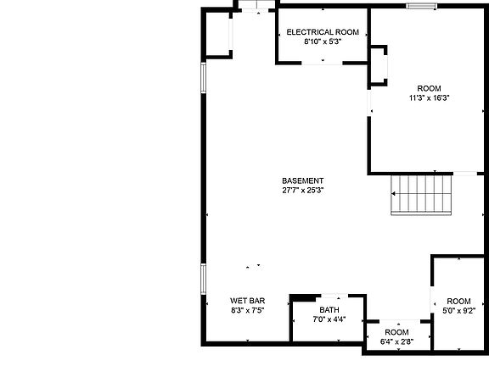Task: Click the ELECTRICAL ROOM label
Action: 323,32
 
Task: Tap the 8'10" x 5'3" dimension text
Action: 323,42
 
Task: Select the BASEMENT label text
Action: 303,180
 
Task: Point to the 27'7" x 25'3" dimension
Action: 303,191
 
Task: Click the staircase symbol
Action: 422,195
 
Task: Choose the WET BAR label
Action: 247,301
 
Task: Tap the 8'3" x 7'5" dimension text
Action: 247,311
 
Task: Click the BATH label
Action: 329,310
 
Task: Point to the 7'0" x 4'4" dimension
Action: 329,320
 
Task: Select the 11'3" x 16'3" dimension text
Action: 429,97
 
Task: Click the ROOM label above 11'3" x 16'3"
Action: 429,88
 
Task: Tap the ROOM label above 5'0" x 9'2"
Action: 458,302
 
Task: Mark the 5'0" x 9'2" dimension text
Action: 458,312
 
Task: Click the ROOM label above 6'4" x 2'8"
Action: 396,332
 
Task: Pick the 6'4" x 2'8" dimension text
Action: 396,342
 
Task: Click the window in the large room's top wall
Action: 417,8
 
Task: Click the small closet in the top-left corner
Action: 218,35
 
